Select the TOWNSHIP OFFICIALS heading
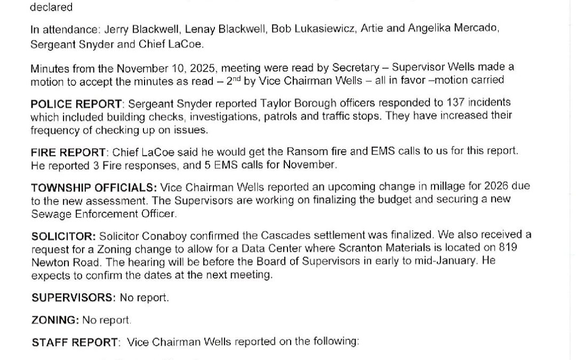point(94,187)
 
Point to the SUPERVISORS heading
point(73,298)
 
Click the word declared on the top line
point(51,7)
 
